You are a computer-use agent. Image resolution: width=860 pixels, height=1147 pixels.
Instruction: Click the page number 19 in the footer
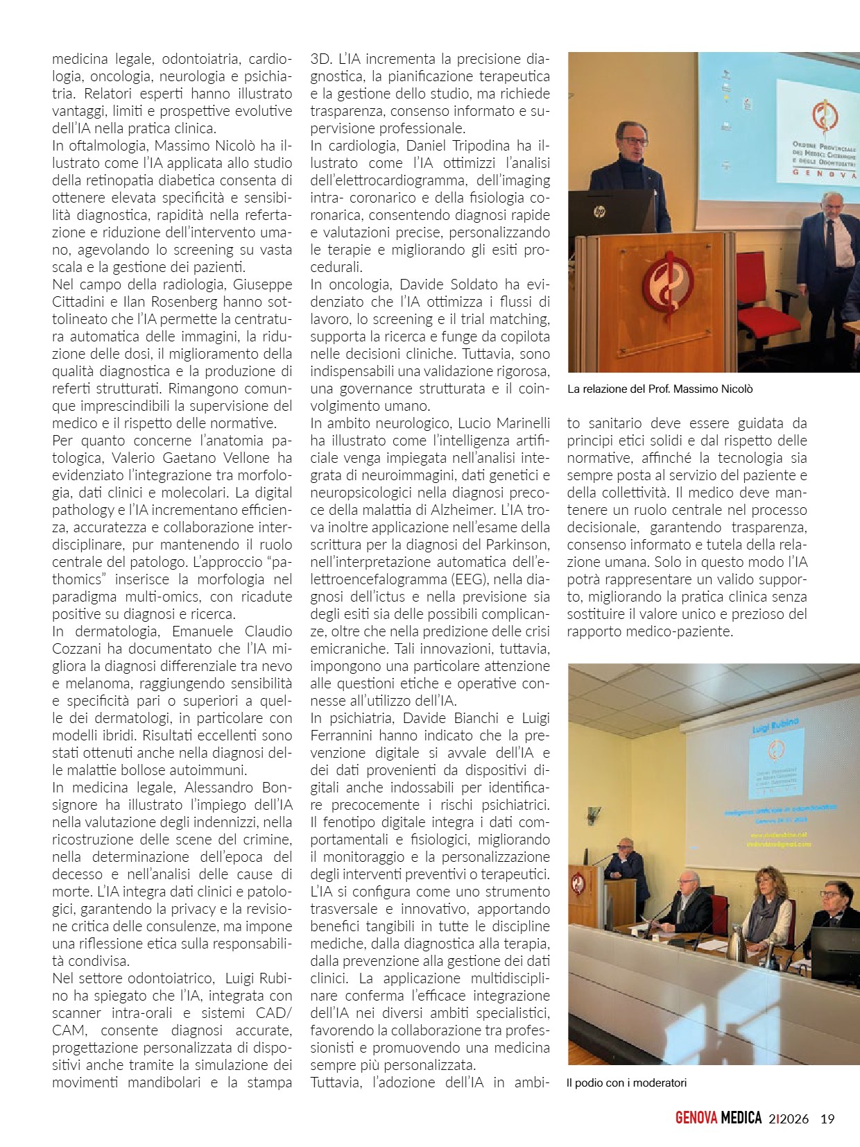click(x=827, y=1119)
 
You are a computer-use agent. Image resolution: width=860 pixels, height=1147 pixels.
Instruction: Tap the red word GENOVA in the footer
click(x=696, y=1118)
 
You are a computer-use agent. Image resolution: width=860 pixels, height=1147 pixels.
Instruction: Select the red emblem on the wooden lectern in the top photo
click(x=668, y=284)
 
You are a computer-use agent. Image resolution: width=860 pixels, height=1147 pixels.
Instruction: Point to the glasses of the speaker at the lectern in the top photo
click(x=632, y=142)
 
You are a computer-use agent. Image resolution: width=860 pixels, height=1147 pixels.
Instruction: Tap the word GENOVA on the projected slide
click(x=824, y=176)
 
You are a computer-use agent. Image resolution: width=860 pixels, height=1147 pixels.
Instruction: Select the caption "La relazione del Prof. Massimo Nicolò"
click(x=660, y=389)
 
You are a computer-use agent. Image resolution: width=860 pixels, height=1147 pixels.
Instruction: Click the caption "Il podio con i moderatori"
click(x=626, y=1082)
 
